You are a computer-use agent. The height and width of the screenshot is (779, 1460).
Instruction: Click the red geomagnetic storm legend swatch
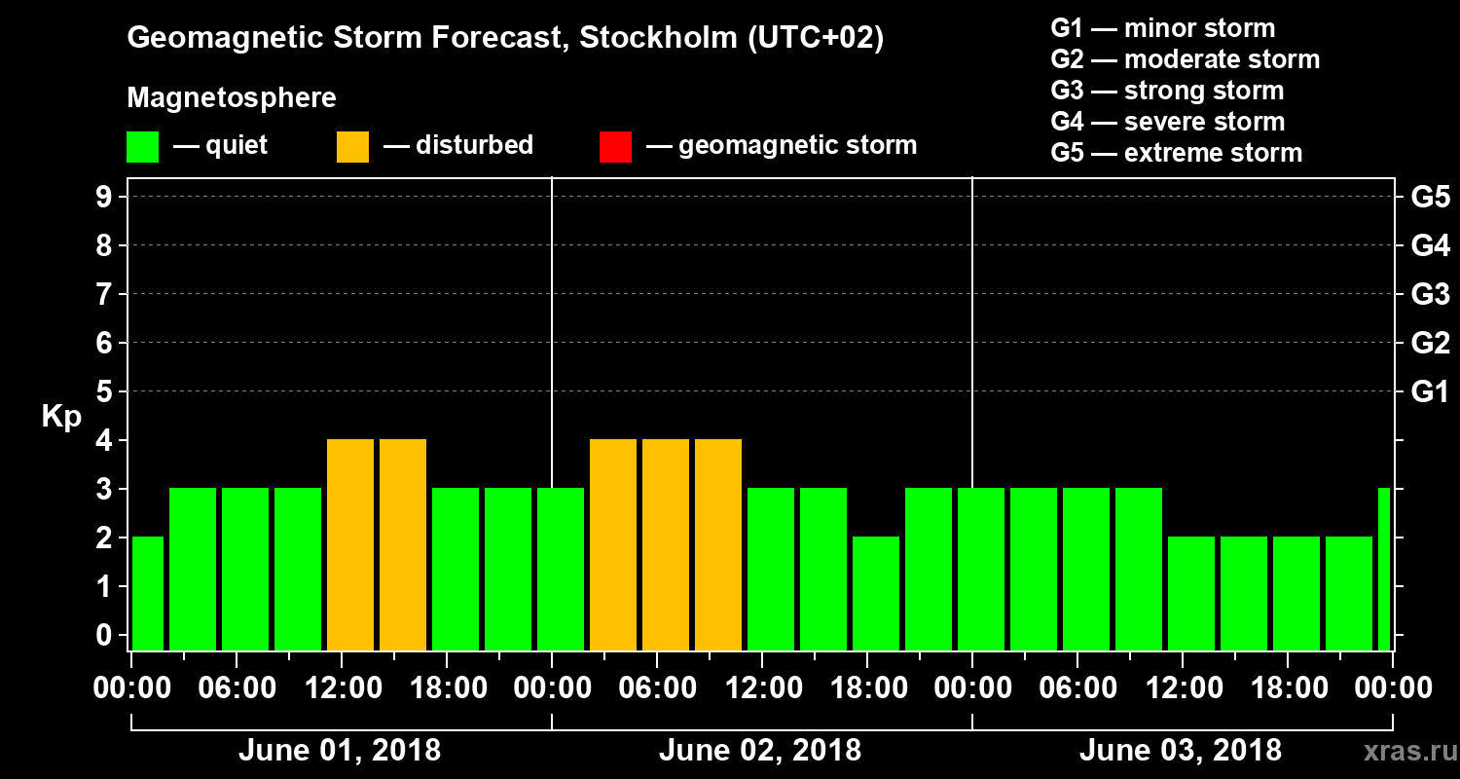[x=615, y=147]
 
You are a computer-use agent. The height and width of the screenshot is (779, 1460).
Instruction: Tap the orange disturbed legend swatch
[x=352, y=147]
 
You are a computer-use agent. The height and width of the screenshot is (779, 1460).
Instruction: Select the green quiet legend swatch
[x=142, y=147]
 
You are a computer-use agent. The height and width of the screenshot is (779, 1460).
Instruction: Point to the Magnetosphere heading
[x=232, y=98]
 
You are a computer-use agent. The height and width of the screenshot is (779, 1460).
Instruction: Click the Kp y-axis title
[x=61, y=417]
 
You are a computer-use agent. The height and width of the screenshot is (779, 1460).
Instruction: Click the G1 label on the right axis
[x=1430, y=392]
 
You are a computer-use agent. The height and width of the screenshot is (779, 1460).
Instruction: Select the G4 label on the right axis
[x=1430, y=246]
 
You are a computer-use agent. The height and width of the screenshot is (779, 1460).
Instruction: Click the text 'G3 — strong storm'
[x=1167, y=91]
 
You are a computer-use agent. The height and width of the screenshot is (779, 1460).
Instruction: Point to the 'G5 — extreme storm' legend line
[x=1176, y=153]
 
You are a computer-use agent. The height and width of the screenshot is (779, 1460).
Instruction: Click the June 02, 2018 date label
[x=759, y=751]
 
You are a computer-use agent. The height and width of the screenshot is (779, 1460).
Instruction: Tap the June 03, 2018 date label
[x=1180, y=751]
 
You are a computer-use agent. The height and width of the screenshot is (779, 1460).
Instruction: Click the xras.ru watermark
[x=1403, y=752]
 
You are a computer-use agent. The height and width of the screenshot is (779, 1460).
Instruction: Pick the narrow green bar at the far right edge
[x=1384, y=569]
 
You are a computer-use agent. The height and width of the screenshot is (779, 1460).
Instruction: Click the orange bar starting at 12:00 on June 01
[x=350, y=544]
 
